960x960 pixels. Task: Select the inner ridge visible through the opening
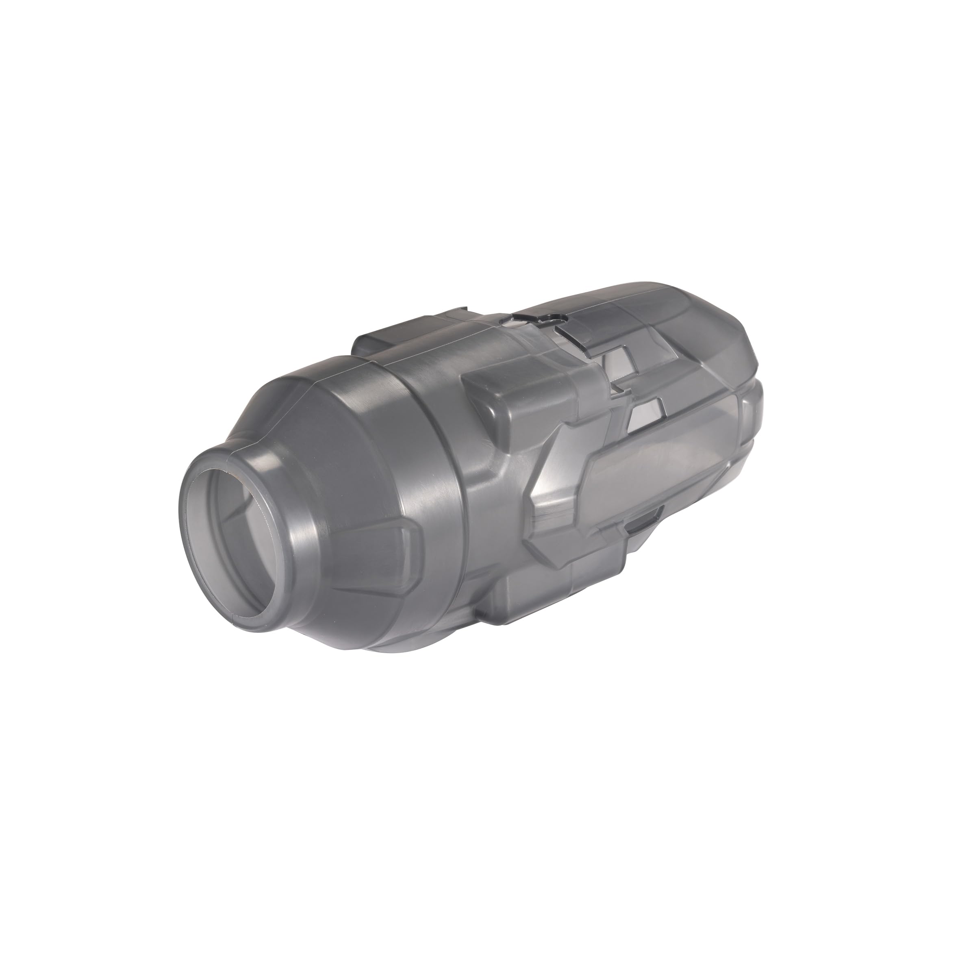248,502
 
